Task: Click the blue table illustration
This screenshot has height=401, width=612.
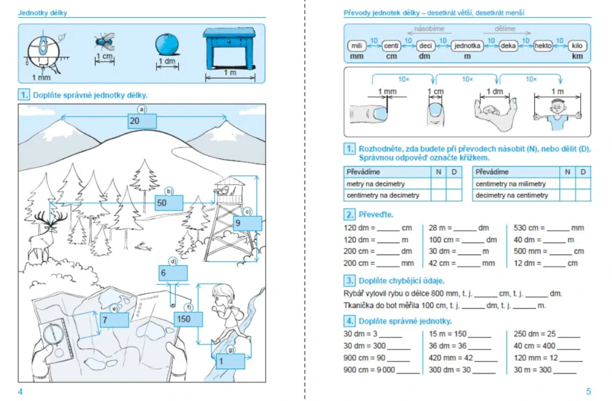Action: tap(229, 48)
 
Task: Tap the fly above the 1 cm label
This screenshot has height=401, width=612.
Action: tap(105, 42)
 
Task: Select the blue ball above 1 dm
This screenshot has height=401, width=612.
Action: tap(167, 45)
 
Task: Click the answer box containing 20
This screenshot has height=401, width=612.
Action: tap(142, 121)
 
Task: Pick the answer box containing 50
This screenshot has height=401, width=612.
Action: tap(169, 203)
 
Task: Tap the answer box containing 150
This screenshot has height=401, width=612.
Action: tap(188, 319)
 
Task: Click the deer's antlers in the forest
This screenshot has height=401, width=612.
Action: tap(51, 218)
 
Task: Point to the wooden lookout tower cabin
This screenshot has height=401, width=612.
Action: tap(229, 187)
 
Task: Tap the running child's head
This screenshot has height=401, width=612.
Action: tap(223, 296)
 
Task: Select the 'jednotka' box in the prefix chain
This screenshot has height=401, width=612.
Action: tap(467, 46)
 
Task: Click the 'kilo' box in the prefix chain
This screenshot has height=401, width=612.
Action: tap(577, 46)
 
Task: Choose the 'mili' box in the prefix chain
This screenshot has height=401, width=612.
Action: tap(357, 46)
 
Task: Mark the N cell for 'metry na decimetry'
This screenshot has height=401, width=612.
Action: tap(439, 184)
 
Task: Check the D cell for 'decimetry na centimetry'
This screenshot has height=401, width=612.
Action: tap(583, 195)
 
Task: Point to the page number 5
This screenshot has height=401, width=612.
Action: tap(589, 391)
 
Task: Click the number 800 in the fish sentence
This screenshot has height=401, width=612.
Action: tap(448, 293)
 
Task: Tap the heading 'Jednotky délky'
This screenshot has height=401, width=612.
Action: tap(43, 13)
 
